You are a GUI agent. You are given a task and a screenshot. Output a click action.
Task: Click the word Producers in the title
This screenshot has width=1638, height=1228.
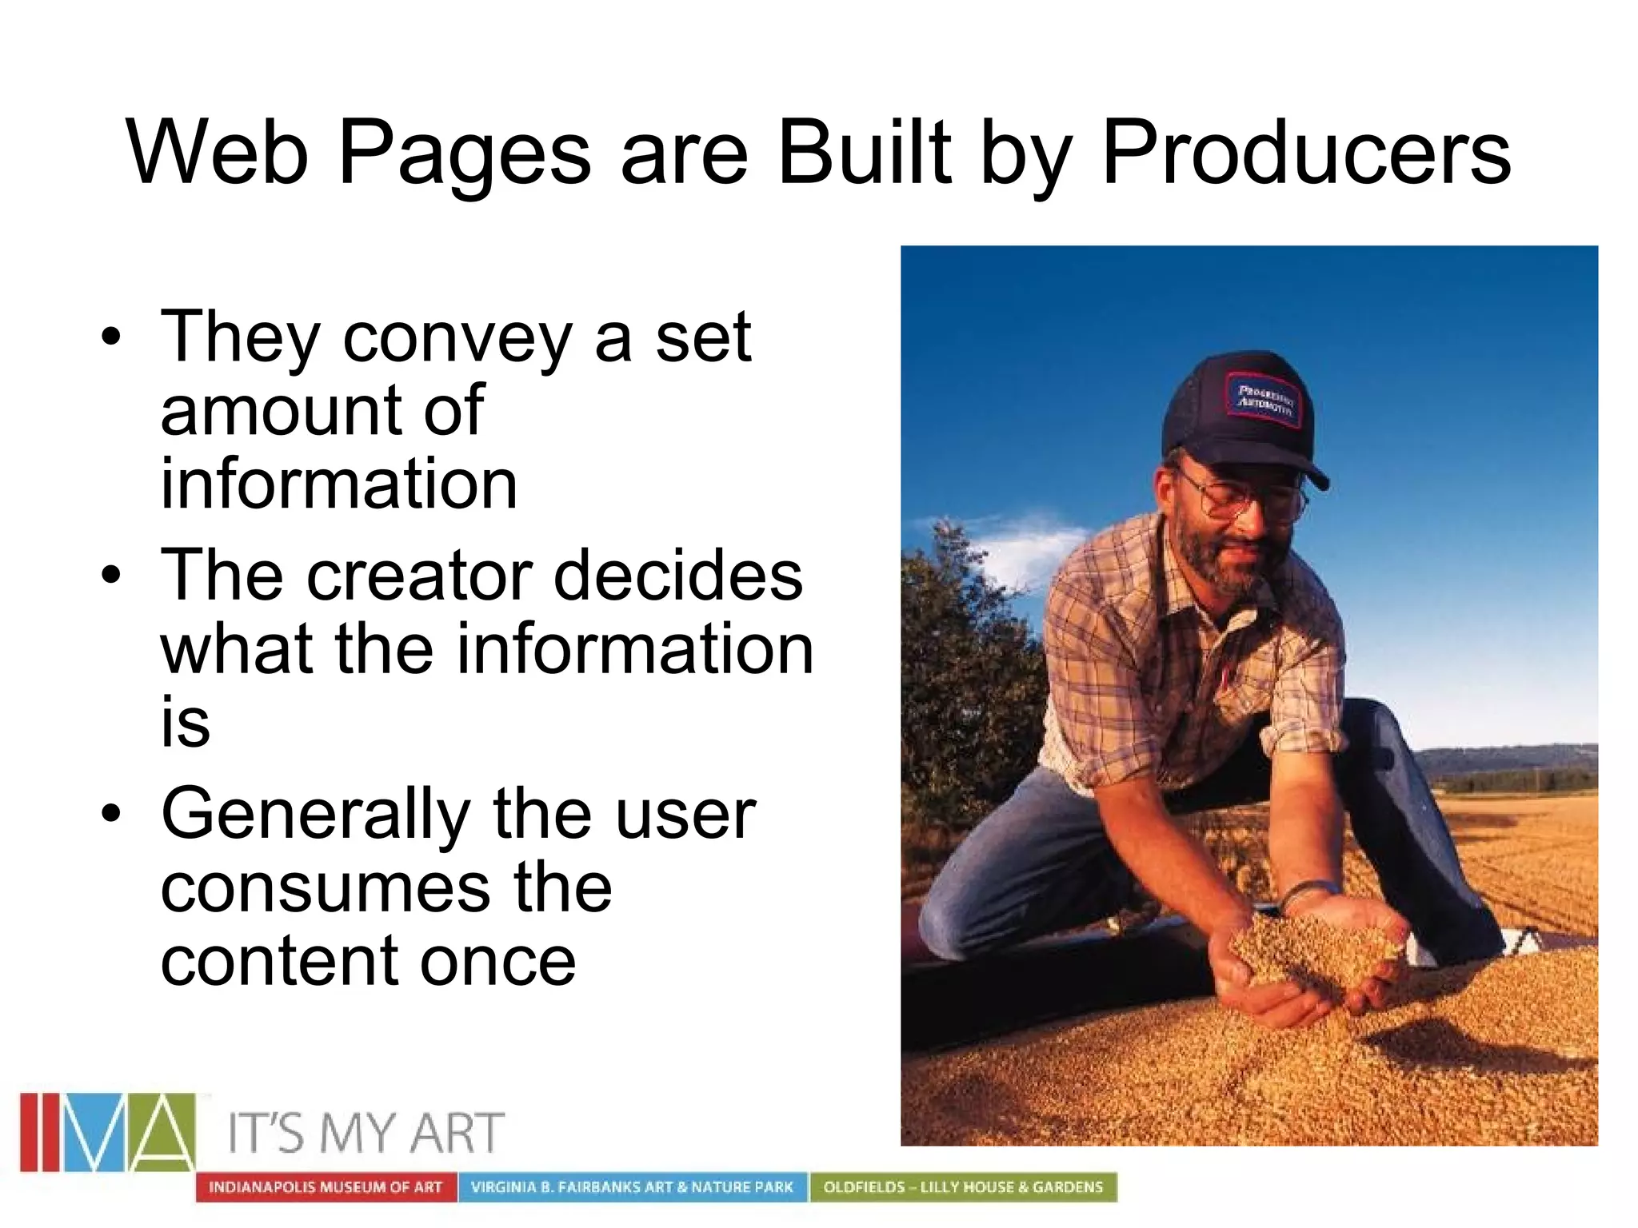click(x=1306, y=152)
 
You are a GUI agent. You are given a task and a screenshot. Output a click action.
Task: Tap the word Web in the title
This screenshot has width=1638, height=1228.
click(x=217, y=152)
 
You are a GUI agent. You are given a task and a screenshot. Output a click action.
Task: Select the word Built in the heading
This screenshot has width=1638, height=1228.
click(x=865, y=152)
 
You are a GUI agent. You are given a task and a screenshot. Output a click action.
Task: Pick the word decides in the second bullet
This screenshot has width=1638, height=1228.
click(x=677, y=576)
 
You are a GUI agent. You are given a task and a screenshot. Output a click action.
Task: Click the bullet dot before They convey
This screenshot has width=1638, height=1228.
click(x=111, y=337)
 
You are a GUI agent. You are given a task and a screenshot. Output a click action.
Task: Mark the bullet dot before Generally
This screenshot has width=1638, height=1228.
click(x=111, y=813)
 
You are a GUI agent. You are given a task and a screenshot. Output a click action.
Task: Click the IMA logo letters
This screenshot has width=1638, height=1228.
click(x=107, y=1132)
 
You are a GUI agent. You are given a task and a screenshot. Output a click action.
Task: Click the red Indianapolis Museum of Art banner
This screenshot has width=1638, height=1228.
click(x=326, y=1187)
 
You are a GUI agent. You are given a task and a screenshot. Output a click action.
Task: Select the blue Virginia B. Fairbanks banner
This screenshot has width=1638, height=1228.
click(x=632, y=1187)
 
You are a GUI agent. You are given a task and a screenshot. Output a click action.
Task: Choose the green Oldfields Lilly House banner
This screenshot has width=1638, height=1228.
click(x=963, y=1187)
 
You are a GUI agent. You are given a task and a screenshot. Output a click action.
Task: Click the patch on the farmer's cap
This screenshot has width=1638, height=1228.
click(x=1264, y=400)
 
